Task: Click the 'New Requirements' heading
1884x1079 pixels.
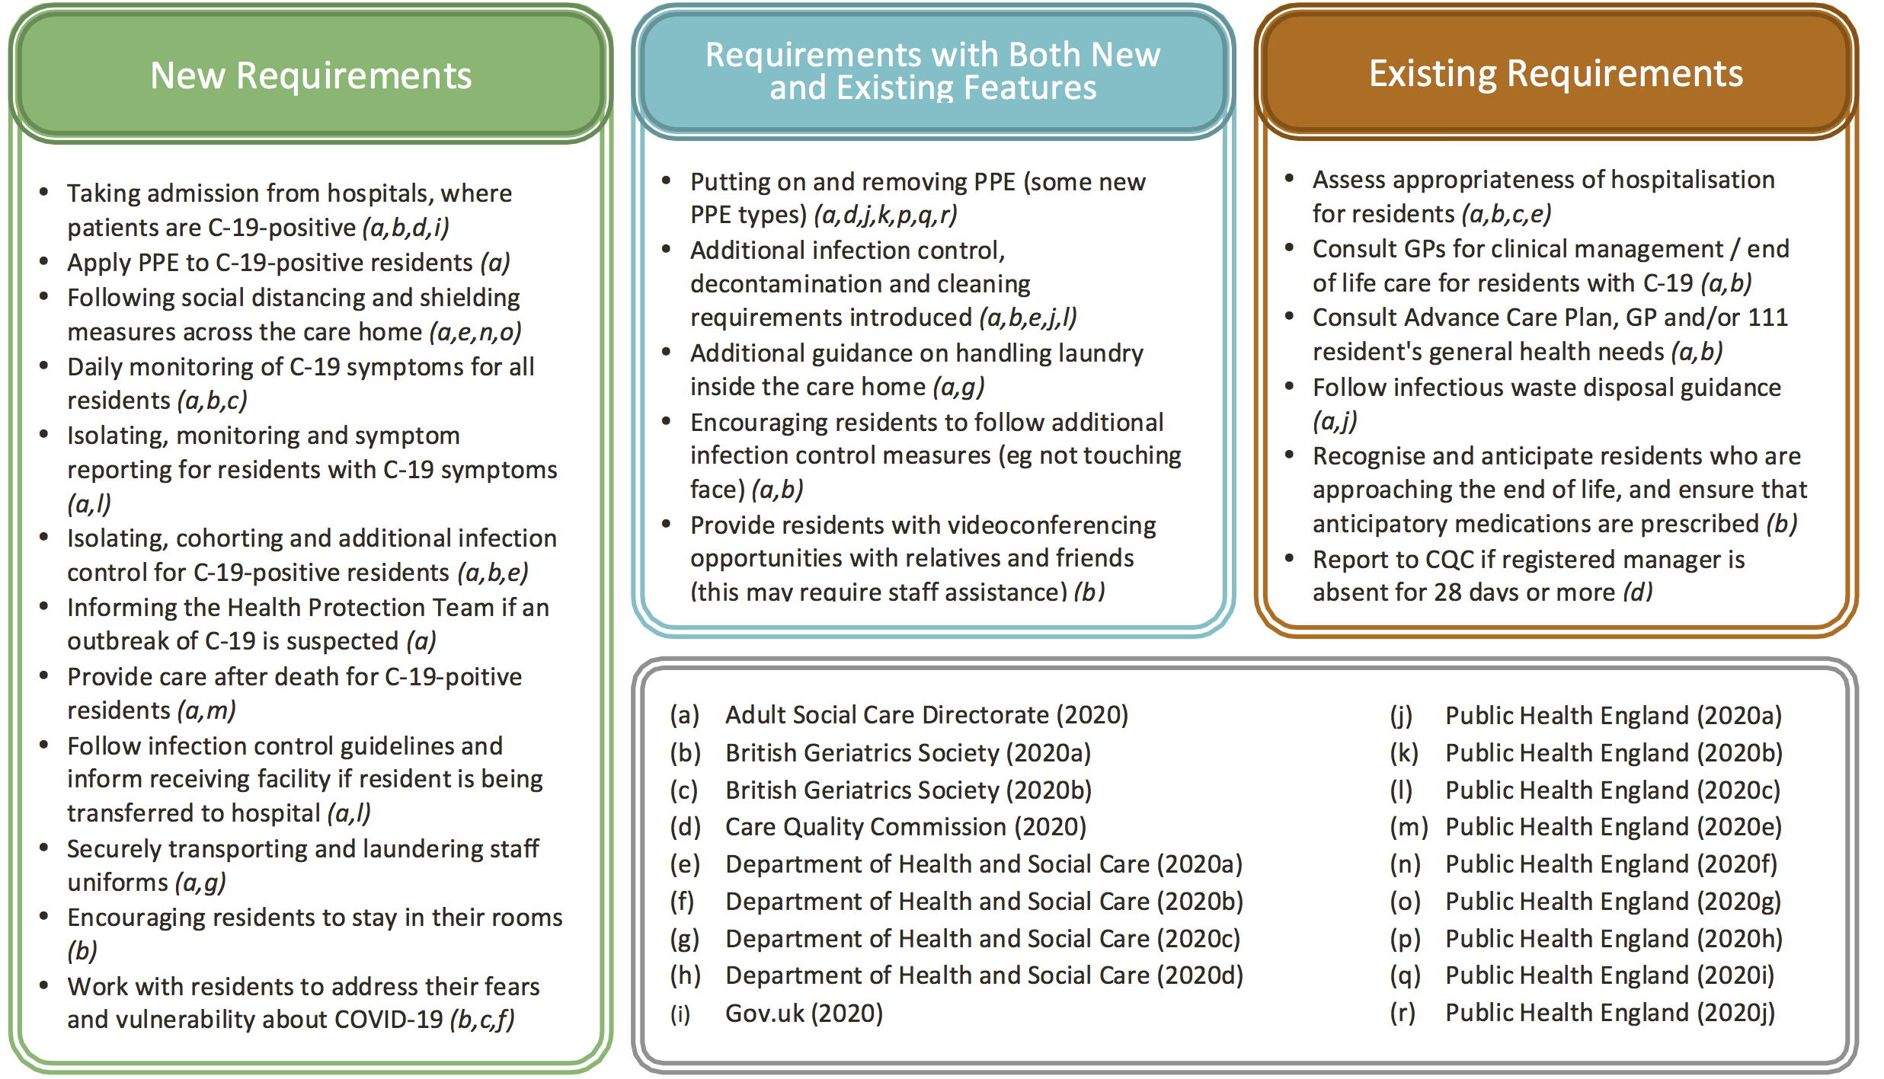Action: [311, 75]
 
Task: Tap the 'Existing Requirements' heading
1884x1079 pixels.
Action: [1556, 73]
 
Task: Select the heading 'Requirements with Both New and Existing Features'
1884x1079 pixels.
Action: [932, 71]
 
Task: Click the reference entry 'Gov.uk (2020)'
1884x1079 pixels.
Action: [804, 1013]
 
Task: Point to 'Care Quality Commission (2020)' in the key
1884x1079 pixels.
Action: [906, 826]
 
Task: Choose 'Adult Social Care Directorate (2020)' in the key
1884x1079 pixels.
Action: [926, 714]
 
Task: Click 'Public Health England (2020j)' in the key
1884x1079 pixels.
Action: [1610, 1013]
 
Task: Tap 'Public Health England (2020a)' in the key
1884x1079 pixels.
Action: [1614, 715]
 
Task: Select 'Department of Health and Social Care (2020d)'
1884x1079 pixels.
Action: [984, 975]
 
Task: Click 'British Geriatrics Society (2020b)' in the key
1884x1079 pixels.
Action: [908, 790]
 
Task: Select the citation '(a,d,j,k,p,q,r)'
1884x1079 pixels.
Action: [885, 215]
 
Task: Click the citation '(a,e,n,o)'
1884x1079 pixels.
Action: [475, 332]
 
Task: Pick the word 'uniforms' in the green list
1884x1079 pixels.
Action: [117, 883]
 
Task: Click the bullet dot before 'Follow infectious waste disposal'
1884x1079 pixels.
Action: [1289, 386]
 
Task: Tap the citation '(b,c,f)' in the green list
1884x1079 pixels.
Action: [482, 1019]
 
